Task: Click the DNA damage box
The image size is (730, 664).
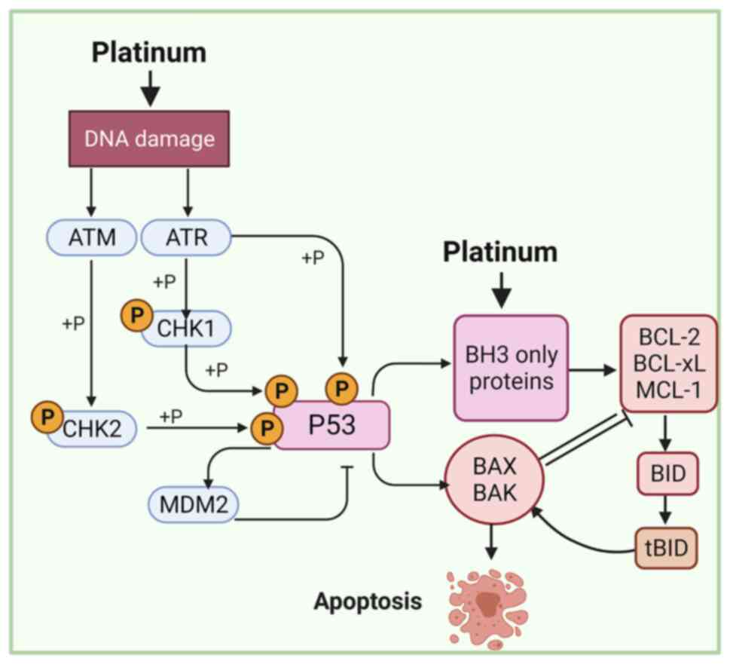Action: (x=149, y=139)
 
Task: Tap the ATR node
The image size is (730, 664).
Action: (x=186, y=239)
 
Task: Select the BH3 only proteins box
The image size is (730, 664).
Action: (x=510, y=368)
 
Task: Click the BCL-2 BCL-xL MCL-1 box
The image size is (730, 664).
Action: (x=668, y=364)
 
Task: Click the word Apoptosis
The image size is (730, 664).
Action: (x=368, y=601)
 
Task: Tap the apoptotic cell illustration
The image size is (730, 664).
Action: (x=488, y=601)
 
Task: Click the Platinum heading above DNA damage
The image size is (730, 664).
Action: (x=149, y=53)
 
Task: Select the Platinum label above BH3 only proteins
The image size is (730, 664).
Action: (x=499, y=252)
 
